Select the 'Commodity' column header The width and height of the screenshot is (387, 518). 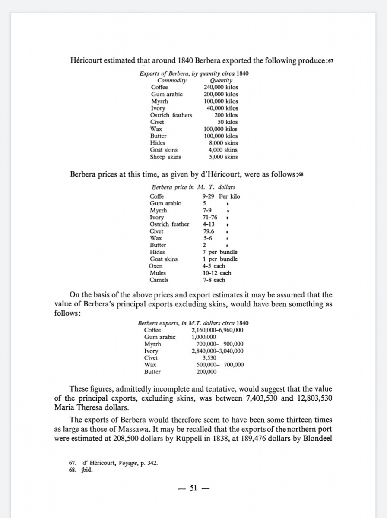click(171, 80)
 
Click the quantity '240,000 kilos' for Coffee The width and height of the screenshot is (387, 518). click(220, 87)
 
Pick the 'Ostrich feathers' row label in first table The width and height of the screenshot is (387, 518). click(171, 115)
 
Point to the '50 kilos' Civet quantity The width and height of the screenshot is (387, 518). click(227, 122)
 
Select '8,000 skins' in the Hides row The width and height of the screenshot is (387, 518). click(223, 143)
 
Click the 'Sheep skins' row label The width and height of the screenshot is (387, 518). click(165, 157)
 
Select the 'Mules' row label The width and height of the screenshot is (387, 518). click(158, 273)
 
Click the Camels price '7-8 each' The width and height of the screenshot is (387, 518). click(214, 280)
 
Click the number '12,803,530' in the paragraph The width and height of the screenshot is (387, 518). click(314, 398)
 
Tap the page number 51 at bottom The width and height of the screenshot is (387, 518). click(193, 488)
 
